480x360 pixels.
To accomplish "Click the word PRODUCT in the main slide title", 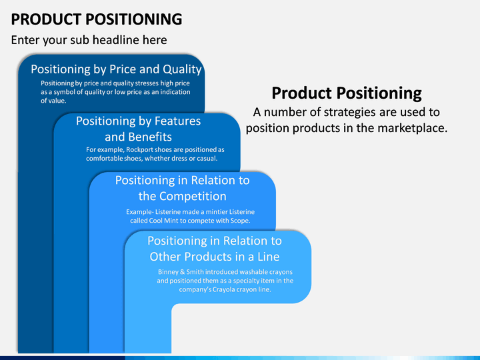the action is (x=46, y=19).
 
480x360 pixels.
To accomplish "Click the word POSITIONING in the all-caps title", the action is (x=134, y=19).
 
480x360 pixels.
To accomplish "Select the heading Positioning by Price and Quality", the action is (x=116, y=69).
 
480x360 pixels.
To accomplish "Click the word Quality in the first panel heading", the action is (x=182, y=69).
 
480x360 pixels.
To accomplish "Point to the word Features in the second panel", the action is (x=177, y=121).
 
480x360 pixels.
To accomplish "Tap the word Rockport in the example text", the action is (x=139, y=150).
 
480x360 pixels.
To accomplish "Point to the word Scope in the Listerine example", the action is (x=239, y=221).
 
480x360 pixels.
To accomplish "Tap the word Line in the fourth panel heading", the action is (x=269, y=257).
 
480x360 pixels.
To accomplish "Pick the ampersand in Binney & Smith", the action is (x=183, y=272).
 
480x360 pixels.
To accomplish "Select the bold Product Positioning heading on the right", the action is (x=347, y=93).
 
